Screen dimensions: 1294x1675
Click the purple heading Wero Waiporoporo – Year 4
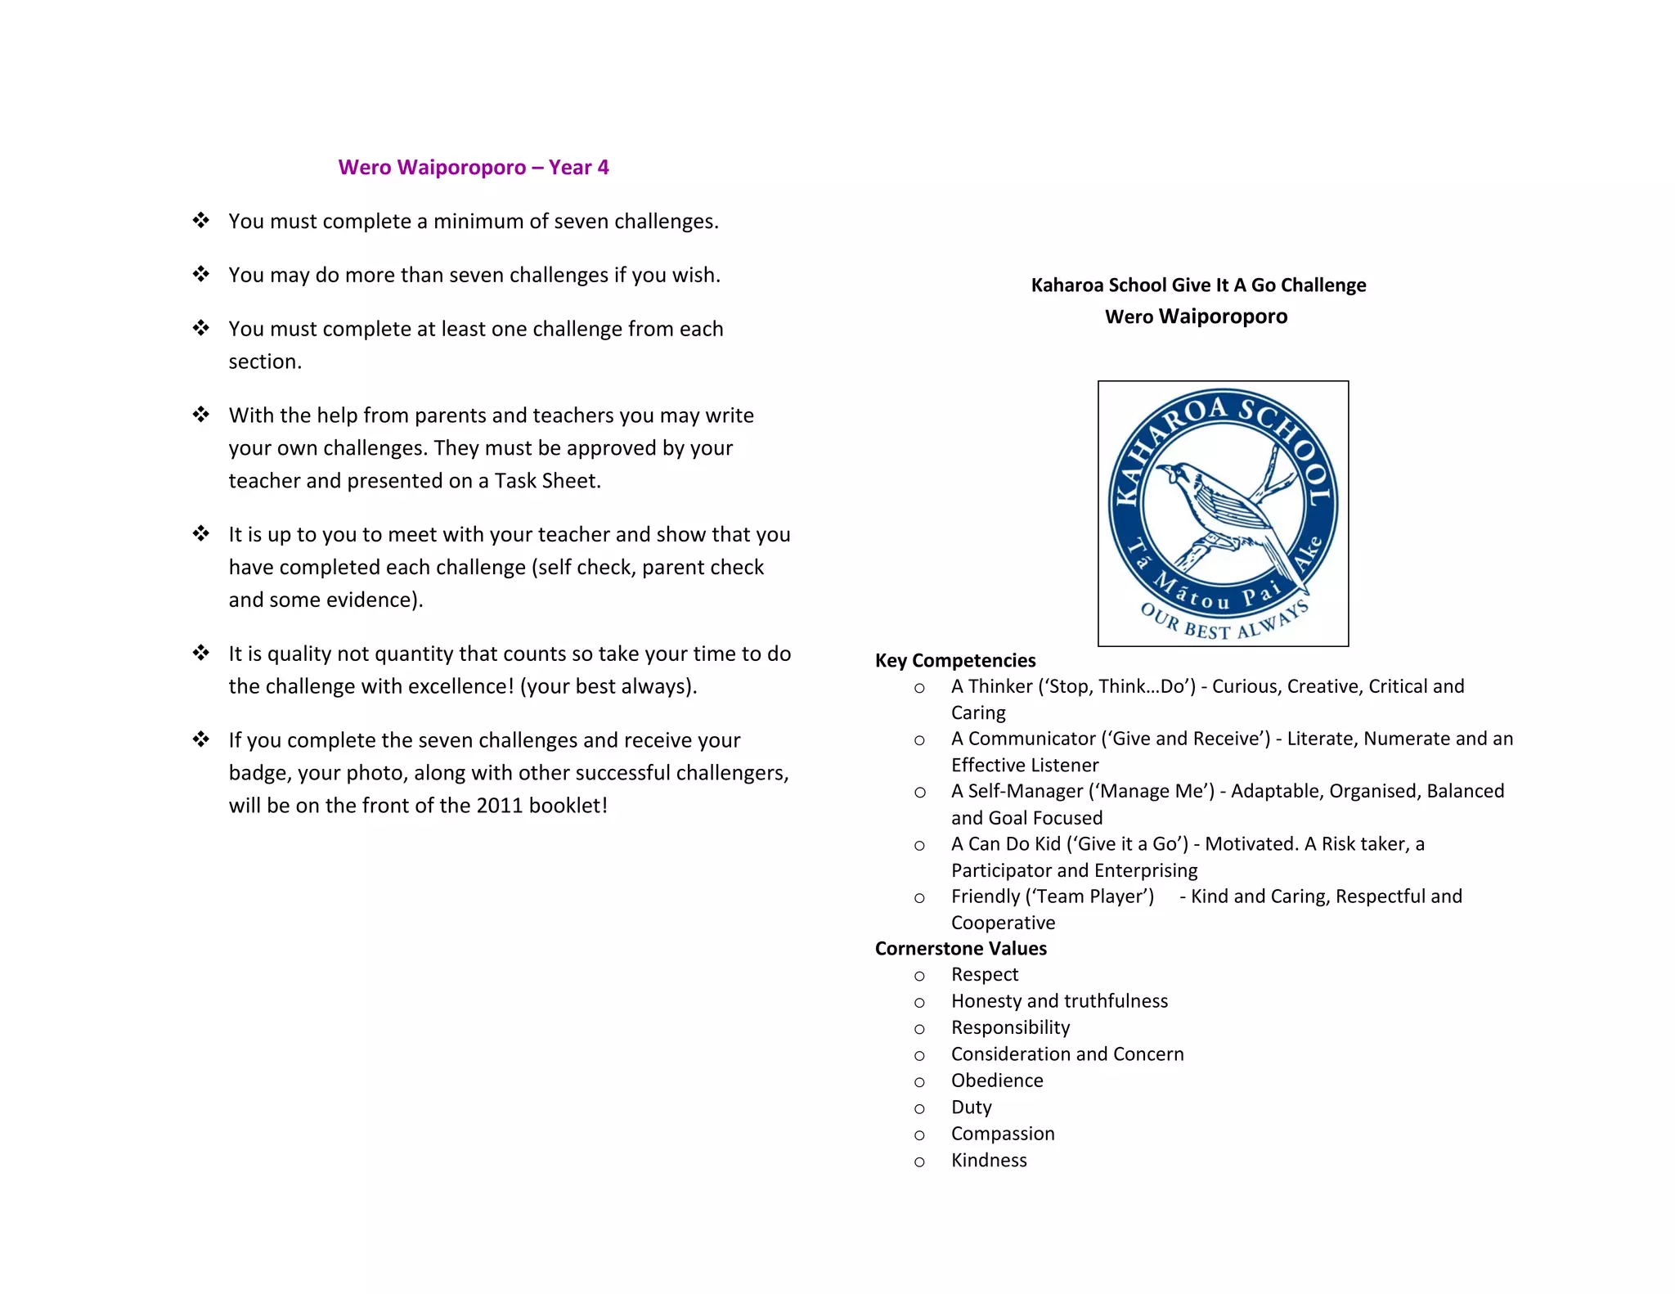(474, 168)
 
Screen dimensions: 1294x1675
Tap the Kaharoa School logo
(1223, 513)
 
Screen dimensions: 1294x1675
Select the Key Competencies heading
(954, 660)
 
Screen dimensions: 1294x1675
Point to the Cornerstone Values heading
(960, 948)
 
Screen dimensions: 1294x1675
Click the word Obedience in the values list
(996, 1081)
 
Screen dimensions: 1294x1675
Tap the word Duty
(971, 1108)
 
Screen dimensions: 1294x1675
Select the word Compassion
(1002, 1134)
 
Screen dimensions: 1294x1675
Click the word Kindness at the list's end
(988, 1160)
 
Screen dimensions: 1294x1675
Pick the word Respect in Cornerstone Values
(984, 974)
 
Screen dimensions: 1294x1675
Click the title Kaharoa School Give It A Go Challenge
(1198, 285)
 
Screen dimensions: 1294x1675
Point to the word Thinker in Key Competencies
(1000, 686)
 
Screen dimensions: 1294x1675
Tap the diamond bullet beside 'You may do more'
(201, 274)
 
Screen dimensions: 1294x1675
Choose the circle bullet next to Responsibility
(919, 1029)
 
